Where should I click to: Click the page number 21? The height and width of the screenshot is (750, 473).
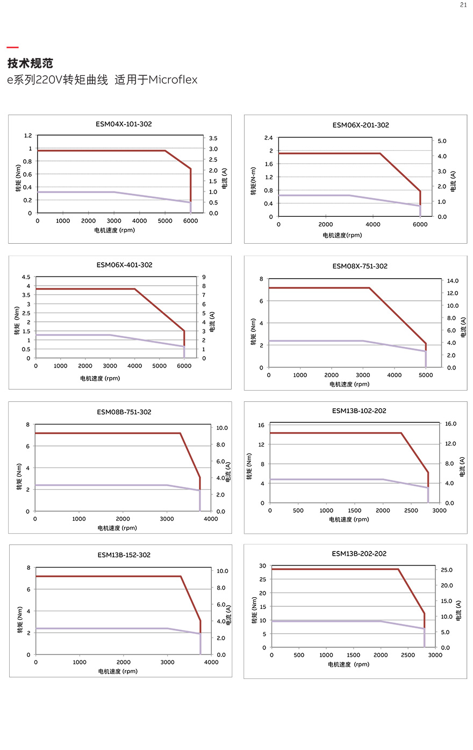463,5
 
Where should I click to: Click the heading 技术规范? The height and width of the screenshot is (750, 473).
30,63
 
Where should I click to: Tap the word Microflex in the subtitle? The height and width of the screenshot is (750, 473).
173,80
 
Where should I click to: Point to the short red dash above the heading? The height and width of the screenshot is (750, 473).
12,48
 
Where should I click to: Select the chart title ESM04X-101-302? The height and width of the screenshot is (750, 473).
124,124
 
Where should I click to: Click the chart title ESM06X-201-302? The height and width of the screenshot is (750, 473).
361,125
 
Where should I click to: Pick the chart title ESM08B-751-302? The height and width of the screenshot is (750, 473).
124,412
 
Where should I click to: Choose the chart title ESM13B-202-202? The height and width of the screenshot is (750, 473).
359,554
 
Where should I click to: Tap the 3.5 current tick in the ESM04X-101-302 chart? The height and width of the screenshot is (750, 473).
213,138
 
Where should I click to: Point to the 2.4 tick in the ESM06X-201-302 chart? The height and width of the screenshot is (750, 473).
268,138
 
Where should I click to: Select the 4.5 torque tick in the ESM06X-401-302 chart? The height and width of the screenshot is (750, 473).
26,277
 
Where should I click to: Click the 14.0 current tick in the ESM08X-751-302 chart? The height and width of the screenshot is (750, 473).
453,281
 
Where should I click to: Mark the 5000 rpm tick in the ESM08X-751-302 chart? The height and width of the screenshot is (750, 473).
426,376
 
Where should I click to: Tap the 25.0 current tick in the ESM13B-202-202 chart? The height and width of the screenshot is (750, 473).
447,570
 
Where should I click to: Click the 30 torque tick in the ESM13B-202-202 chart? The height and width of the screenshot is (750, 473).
262,566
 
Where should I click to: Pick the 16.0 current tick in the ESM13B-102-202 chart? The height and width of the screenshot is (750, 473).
450,424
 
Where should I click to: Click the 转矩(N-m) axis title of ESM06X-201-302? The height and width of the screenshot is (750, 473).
253,181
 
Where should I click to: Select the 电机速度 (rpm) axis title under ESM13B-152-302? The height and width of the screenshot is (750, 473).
118,671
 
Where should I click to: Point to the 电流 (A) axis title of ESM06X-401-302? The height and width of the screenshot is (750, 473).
212,322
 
